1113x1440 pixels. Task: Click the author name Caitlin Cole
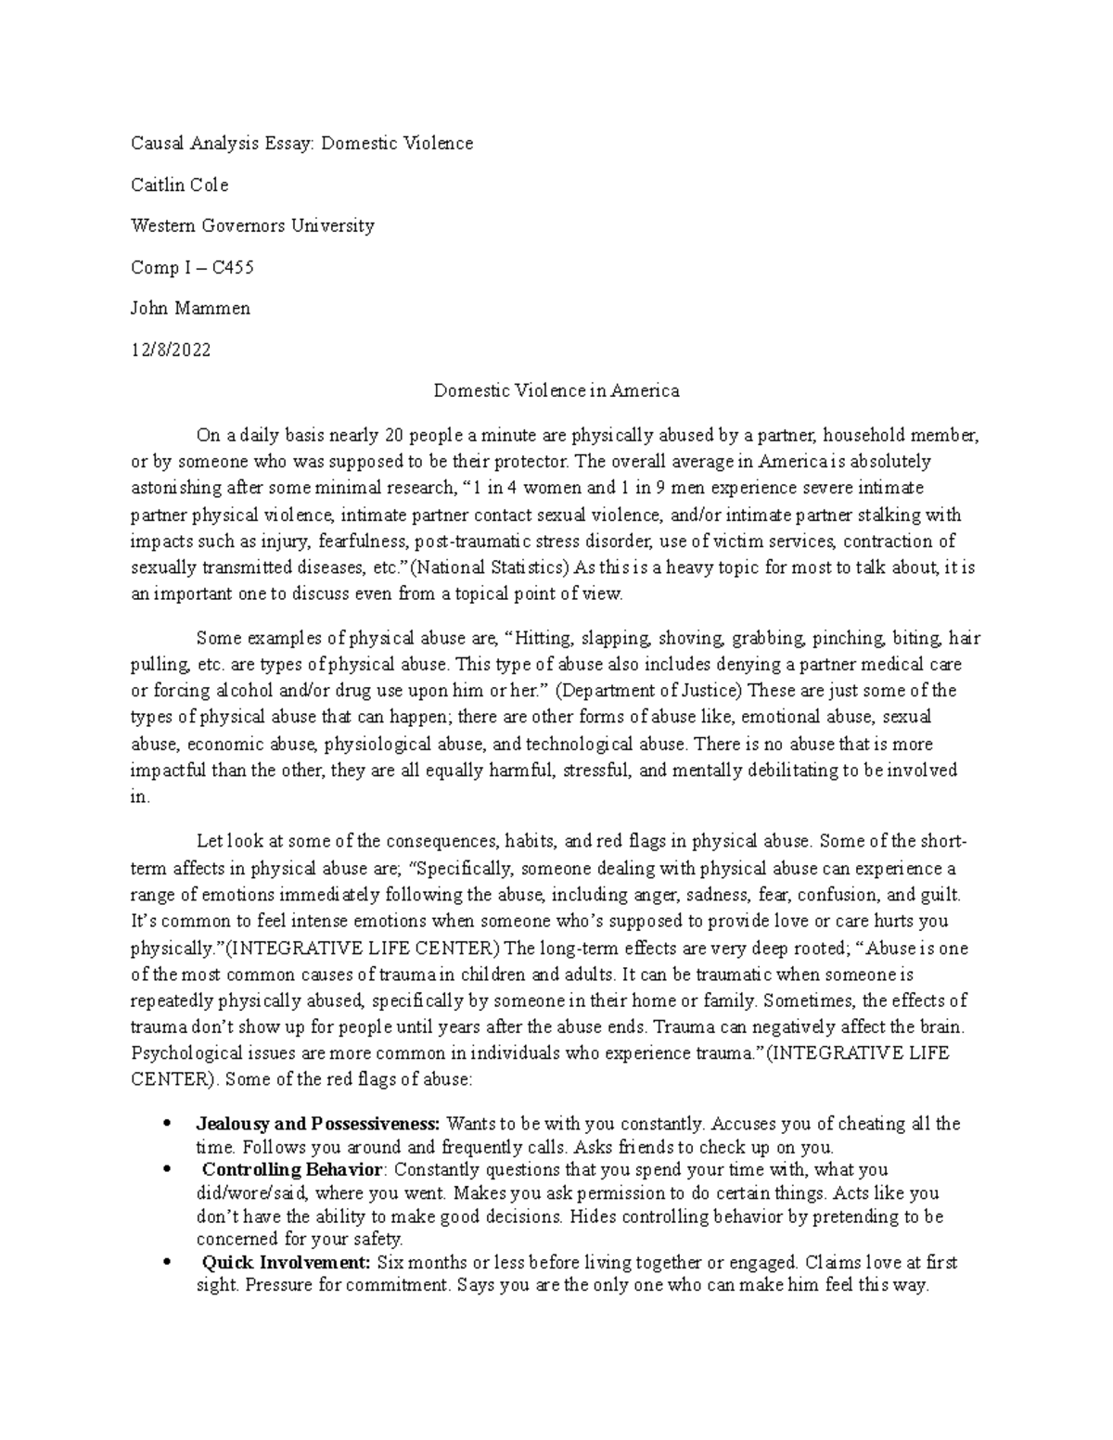point(179,185)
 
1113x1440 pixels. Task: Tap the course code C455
point(232,267)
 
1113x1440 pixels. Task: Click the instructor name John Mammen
point(189,309)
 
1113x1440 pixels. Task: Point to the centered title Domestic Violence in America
point(556,390)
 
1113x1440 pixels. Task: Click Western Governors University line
point(252,225)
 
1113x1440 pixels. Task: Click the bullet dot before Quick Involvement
point(165,1263)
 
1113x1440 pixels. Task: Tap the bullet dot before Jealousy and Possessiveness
point(165,1124)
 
